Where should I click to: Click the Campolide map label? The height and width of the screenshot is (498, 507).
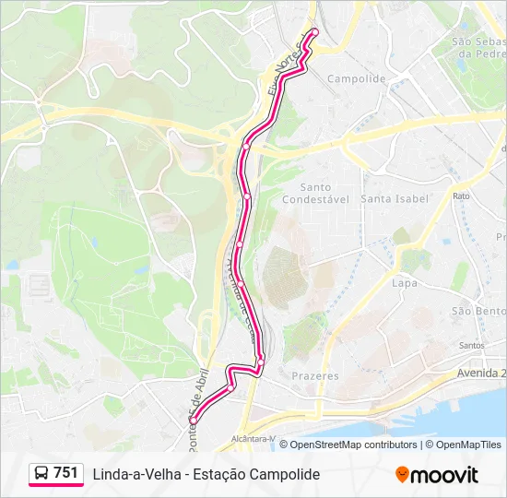click(356, 79)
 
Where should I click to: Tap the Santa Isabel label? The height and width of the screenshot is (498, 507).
click(395, 198)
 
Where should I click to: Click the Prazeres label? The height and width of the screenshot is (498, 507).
click(315, 376)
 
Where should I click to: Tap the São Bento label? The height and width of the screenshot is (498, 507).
click(478, 311)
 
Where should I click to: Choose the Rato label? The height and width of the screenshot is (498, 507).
click(461, 196)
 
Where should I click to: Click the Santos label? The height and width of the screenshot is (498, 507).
click(471, 346)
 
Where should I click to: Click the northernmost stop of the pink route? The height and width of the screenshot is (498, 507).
click(313, 32)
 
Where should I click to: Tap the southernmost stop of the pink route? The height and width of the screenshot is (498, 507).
click(194, 421)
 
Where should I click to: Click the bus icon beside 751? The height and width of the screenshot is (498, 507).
click(41, 474)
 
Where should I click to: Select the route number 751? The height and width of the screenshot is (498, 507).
click(66, 473)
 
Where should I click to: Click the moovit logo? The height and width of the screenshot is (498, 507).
click(437, 475)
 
